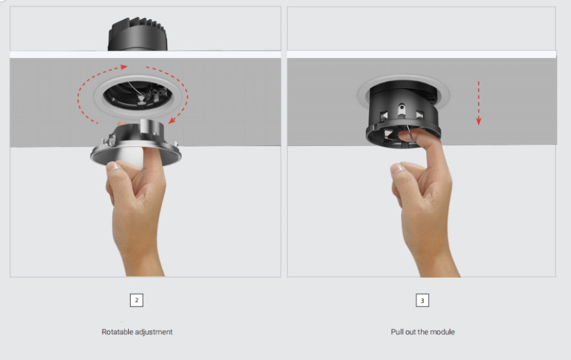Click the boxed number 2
pos(136,300)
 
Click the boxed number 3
pos(423,300)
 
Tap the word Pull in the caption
pos(397,332)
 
